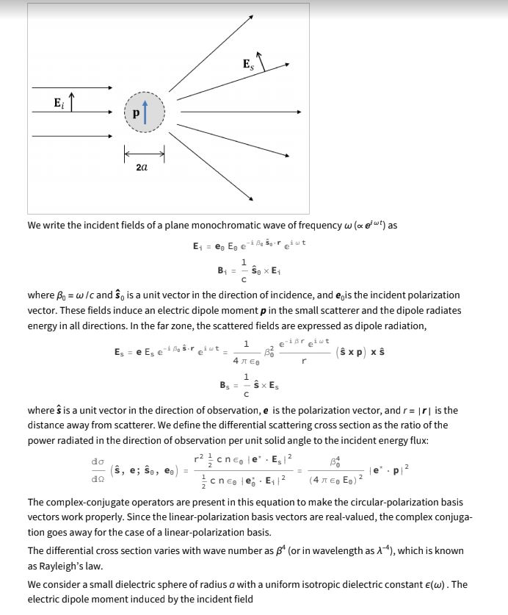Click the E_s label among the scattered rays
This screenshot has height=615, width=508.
point(248,65)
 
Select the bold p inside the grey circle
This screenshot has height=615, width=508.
point(136,114)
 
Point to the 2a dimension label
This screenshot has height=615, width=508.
point(142,168)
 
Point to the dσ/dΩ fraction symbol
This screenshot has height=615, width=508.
point(95,467)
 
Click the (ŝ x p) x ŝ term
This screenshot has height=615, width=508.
point(360,353)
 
